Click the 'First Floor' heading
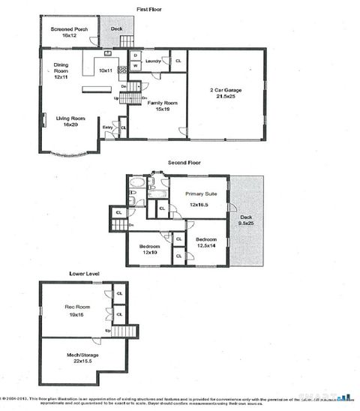[151, 9]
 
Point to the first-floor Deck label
[117, 29]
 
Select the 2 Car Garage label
[225, 94]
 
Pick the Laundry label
[154, 61]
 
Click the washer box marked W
[135, 65]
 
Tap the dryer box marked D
[135, 55]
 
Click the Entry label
[108, 127]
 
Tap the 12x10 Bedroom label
[150, 248]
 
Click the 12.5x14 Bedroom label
[206, 243]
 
